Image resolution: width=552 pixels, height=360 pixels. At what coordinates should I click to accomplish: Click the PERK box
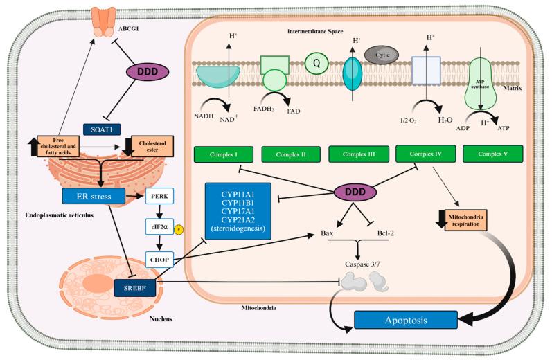click(159, 197)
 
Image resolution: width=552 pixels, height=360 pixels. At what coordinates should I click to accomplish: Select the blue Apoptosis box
click(405, 320)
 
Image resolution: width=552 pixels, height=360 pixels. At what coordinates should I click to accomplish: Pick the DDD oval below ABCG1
click(148, 72)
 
